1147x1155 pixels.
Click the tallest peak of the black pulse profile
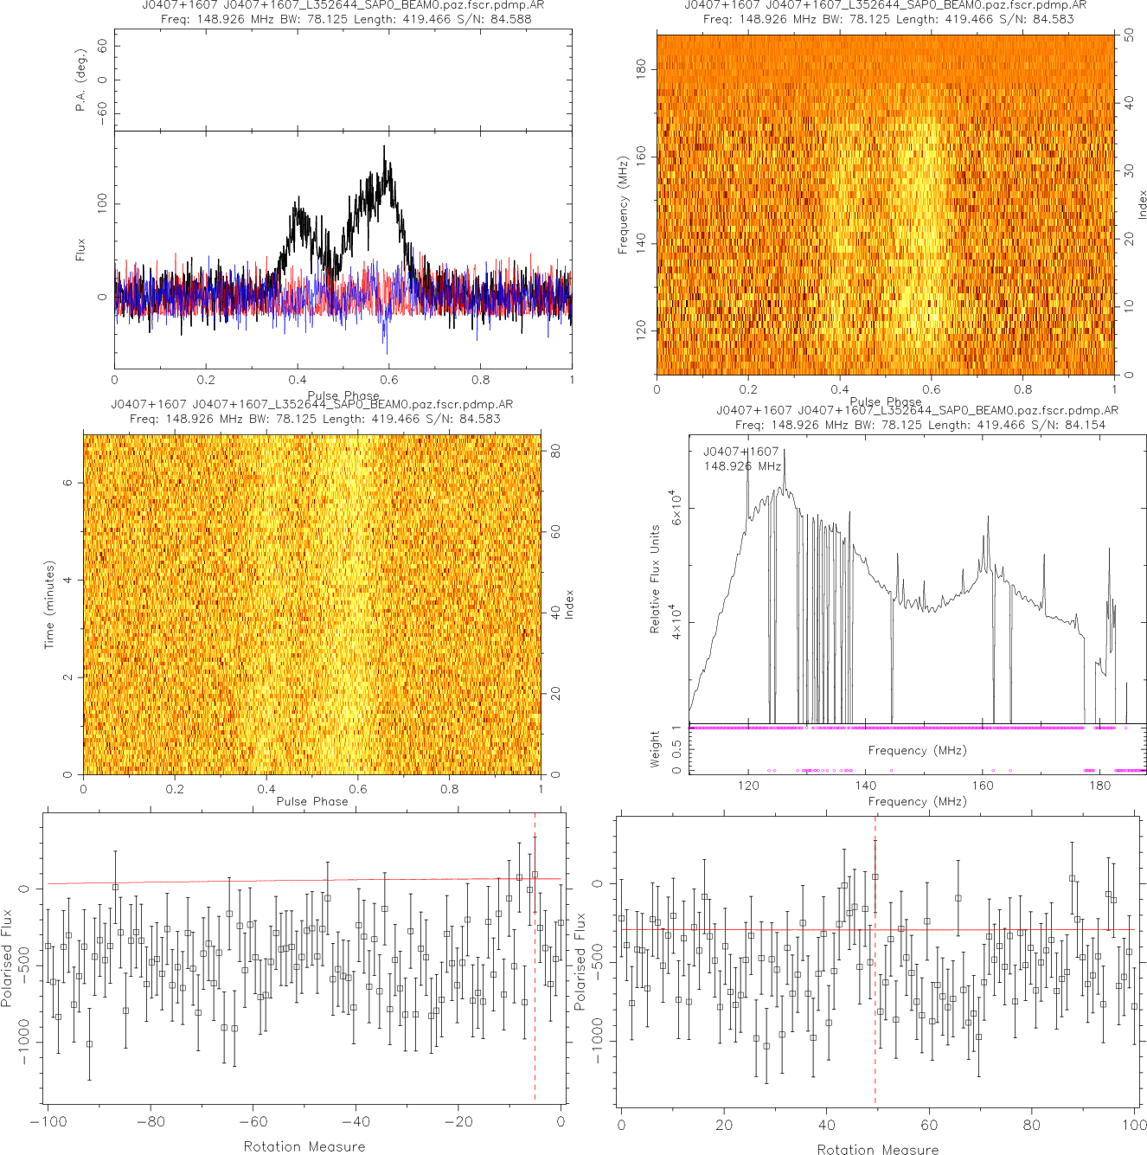click(384, 147)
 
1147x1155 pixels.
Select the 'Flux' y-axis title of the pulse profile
click(80, 249)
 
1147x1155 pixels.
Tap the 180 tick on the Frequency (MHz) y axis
click(641, 68)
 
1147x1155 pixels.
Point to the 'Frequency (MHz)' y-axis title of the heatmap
click(622, 205)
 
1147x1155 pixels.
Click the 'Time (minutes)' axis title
click(49, 605)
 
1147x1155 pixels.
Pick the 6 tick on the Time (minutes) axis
click(67, 483)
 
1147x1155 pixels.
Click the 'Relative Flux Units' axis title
click(655, 579)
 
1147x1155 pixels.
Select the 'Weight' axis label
click(655, 749)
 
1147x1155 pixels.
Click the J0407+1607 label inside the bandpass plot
click(740, 452)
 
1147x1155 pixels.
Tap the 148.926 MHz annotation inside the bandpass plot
click(742, 466)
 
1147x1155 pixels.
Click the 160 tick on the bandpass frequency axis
click(983, 786)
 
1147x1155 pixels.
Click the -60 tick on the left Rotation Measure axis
click(253, 1122)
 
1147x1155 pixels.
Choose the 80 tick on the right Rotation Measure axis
click(1032, 1126)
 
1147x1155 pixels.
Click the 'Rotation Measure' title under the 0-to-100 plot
click(877, 1149)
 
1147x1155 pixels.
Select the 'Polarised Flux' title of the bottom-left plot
click(8, 958)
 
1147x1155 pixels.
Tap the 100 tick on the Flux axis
click(103, 204)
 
